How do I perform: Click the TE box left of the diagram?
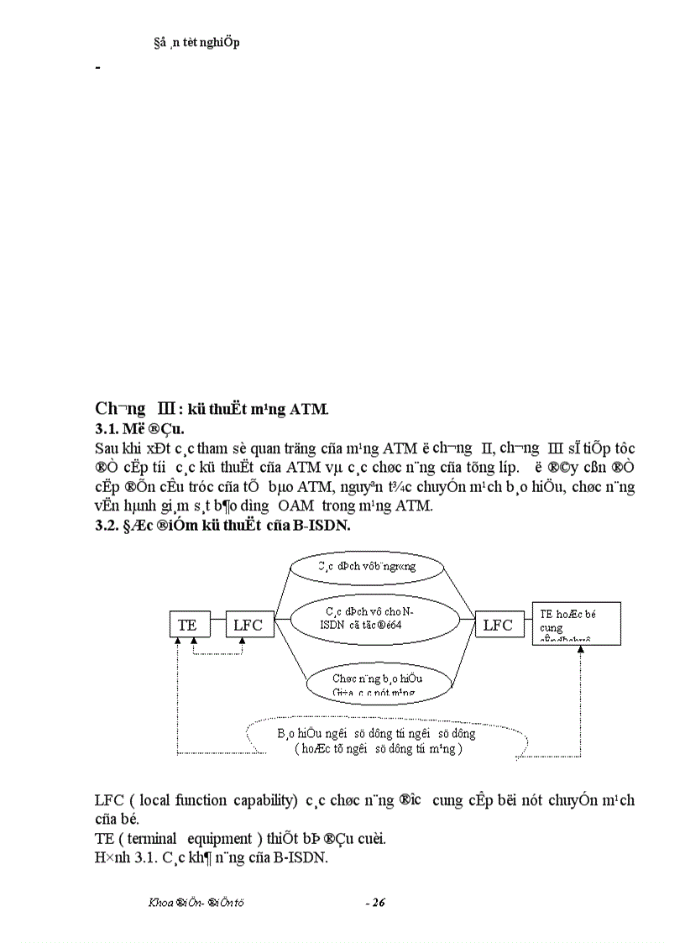click(187, 625)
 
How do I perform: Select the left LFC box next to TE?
click(248, 625)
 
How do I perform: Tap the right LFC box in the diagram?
click(498, 625)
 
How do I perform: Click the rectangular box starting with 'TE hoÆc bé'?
click(577, 623)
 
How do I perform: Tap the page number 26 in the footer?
click(376, 903)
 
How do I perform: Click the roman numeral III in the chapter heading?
click(161, 409)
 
